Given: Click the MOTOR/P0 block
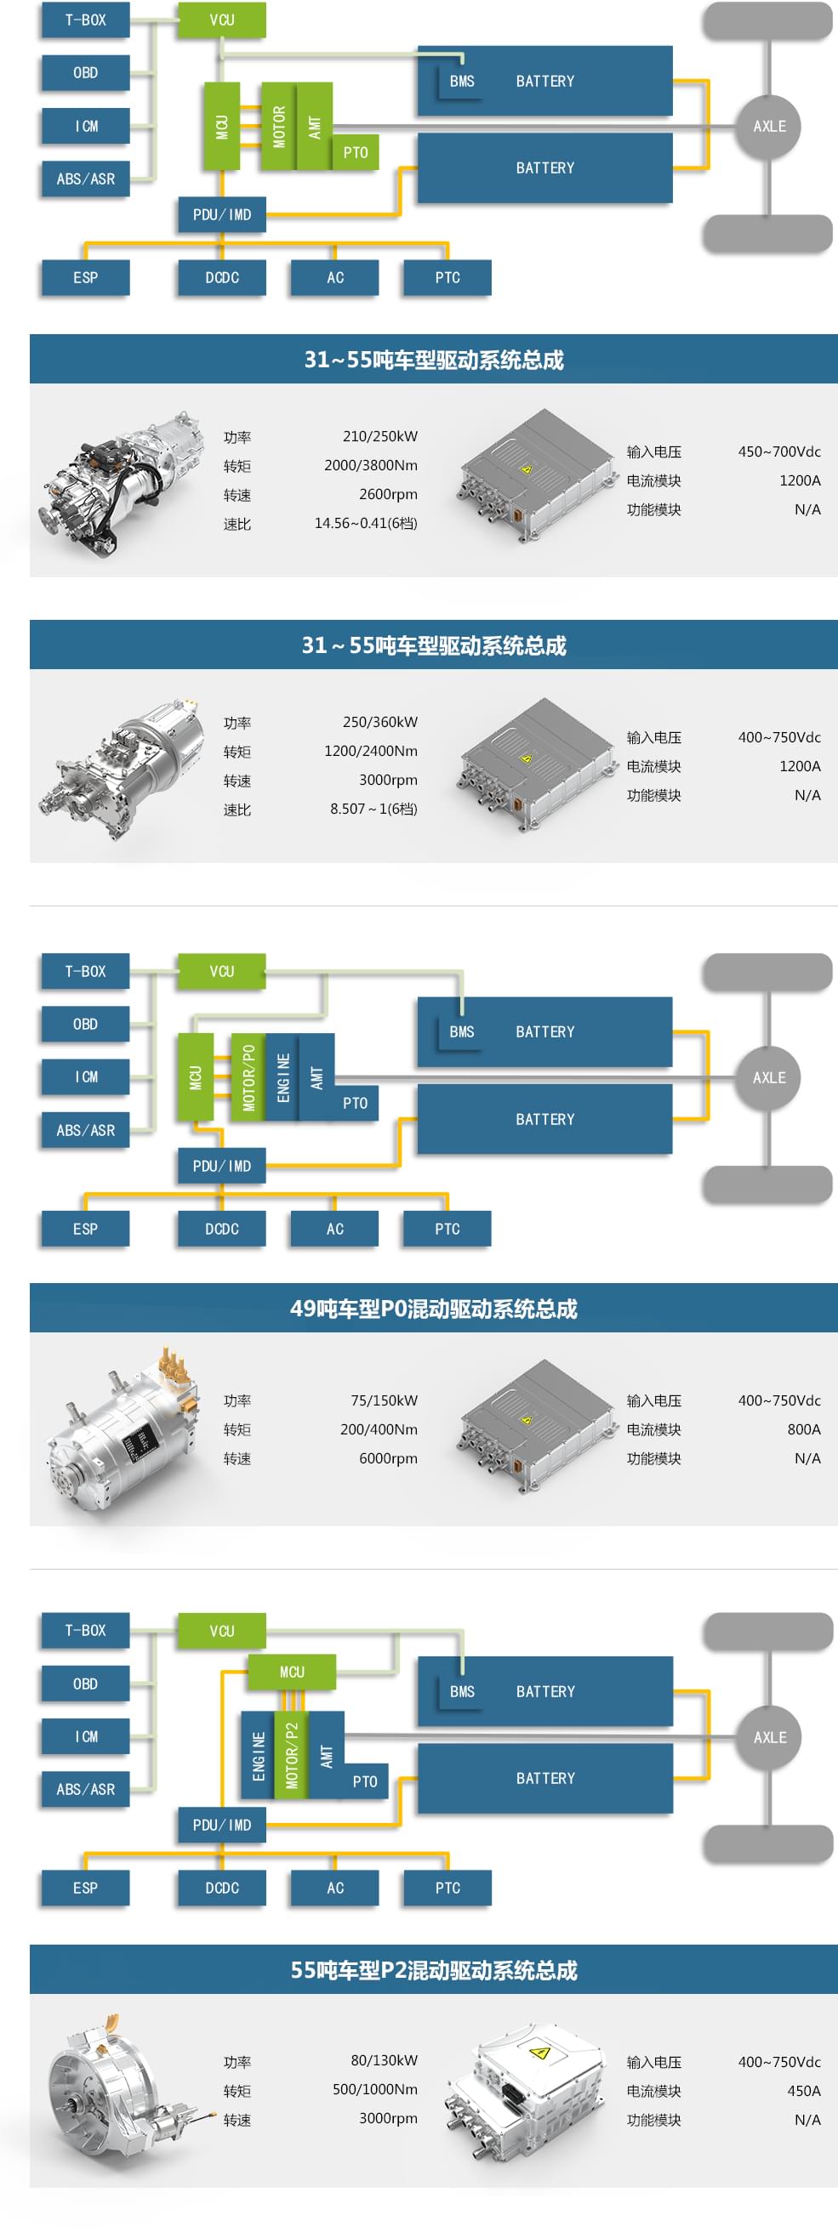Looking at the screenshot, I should click(x=248, y=1077).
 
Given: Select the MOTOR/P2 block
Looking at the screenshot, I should click(x=291, y=1755).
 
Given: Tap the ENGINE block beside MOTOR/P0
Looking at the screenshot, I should click(x=282, y=1077).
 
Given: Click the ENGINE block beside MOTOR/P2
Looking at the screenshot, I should click(x=258, y=1755).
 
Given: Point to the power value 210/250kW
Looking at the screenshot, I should click(x=379, y=436).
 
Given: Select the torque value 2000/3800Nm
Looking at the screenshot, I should click(x=371, y=465).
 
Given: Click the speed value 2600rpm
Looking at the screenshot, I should click(x=388, y=494).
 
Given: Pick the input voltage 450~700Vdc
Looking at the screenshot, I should click(x=779, y=452).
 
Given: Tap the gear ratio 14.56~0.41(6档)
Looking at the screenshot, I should click(x=366, y=523).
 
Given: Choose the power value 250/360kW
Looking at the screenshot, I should click(x=379, y=722).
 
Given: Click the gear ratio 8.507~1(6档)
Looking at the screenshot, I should click(x=373, y=809).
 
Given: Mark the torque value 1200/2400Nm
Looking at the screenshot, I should click(x=371, y=750).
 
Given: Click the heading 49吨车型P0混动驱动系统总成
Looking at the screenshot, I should click(x=433, y=1309).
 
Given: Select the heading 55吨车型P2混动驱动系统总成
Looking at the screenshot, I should click(x=433, y=1969).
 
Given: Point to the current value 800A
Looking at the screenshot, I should click(x=803, y=1428).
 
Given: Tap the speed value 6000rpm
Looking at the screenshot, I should click(x=388, y=1458).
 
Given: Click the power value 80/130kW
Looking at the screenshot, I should click(x=384, y=2059).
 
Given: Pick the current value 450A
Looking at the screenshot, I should click(x=803, y=2090).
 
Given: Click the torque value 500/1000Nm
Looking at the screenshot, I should click(x=375, y=2089).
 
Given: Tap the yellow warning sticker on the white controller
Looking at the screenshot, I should click(x=539, y=2052).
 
